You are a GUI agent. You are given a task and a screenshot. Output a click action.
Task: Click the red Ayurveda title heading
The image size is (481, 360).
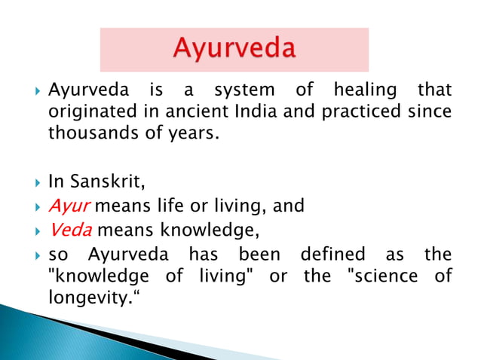click(x=234, y=50)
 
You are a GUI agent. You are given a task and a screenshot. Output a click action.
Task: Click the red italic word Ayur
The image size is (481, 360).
click(x=67, y=205)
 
